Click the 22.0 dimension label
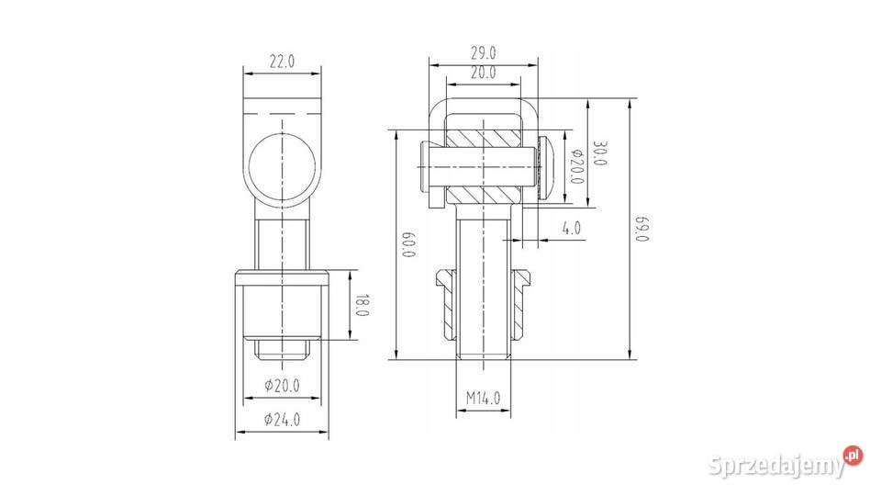click(282, 62)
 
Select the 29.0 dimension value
click(484, 53)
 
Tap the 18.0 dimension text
click(362, 305)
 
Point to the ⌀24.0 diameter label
click(282, 420)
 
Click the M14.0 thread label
click(484, 399)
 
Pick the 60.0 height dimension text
click(409, 244)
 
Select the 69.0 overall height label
click(642, 229)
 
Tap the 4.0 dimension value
click(572, 229)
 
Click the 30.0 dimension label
click(600, 153)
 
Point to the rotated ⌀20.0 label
click(576, 167)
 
